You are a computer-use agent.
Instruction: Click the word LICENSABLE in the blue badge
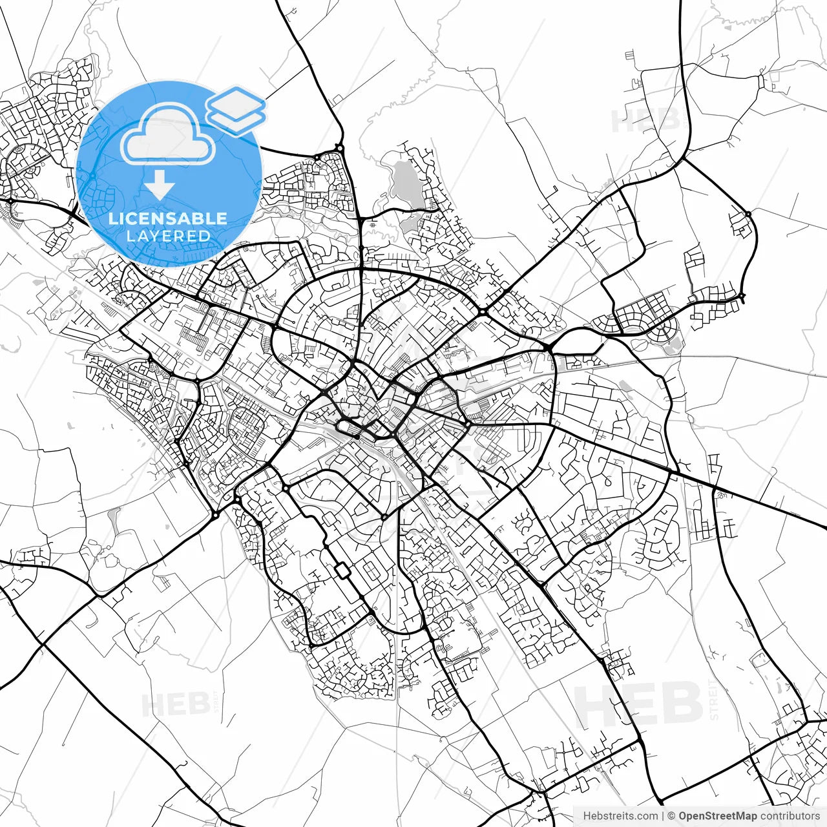tap(168, 218)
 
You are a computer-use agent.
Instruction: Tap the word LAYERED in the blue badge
tap(168, 236)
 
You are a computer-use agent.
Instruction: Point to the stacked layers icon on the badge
tap(236, 110)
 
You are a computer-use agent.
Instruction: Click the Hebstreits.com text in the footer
tap(620, 816)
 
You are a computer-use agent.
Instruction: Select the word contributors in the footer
tap(790, 816)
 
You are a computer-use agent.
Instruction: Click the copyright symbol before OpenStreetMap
tap(671, 816)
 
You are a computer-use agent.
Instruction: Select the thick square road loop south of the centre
tap(342, 571)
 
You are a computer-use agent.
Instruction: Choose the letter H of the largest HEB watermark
tap(597, 704)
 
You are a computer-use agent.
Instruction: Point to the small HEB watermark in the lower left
tap(174, 704)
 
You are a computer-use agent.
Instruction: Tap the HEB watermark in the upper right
tap(646, 120)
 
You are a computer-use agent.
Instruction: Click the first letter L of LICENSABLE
tap(112, 218)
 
